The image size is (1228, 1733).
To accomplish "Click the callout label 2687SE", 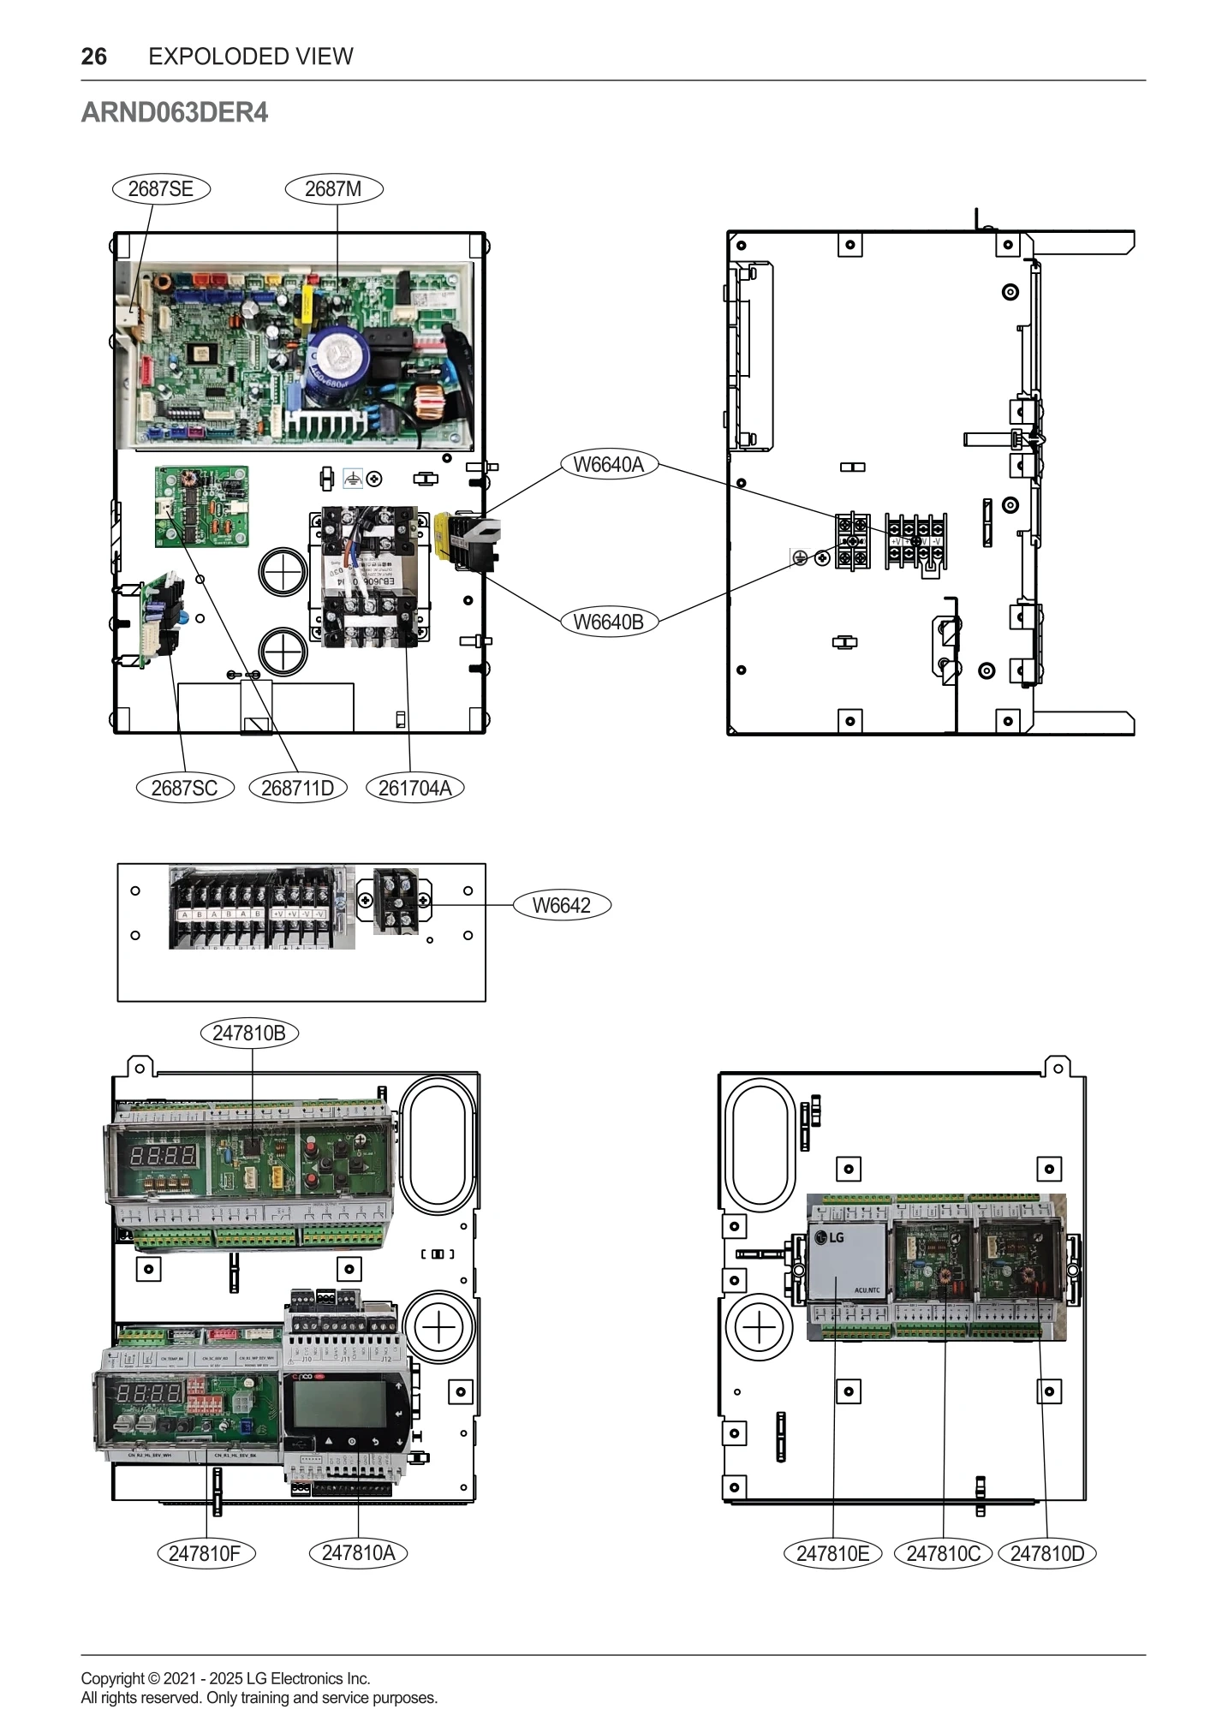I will click(x=161, y=189).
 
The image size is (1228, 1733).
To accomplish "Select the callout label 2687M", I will click(x=333, y=189).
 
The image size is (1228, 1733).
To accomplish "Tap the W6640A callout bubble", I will click(x=609, y=465).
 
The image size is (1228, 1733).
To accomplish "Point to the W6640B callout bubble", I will click(x=609, y=622).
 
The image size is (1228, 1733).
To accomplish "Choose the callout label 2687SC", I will click(x=185, y=789).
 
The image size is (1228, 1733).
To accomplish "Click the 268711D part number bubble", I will click(x=298, y=789).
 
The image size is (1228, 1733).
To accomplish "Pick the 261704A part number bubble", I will click(x=414, y=789).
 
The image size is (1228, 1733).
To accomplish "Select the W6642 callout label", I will click(x=562, y=906).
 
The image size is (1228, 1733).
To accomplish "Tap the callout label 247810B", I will click(x=249, y=1033).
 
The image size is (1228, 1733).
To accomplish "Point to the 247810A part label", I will click(x=358, y=1553).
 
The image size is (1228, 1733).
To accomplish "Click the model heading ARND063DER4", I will click(x=174, y=113).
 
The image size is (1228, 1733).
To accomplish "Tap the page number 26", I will click(x=93, y=57).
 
